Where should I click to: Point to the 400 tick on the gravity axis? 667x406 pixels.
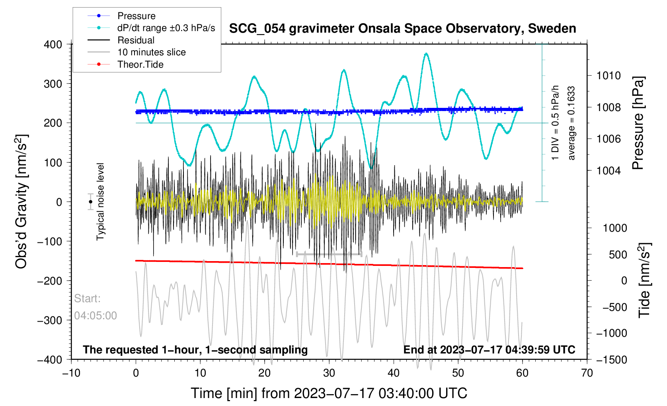click(53, 45)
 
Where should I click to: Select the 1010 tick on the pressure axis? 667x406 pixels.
click(608, 76)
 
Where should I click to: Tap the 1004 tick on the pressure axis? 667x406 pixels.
click(608, 171)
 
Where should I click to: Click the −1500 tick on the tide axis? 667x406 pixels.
click(612, 359)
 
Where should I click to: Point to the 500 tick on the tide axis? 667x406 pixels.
click(618, 254)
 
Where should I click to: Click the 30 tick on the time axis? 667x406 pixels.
click(329, 373)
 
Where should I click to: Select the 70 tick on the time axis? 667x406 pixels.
click(587, 373)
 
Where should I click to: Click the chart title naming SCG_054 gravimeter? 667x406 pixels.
click(402, 29)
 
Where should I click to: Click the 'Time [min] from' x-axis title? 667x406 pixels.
click(329, 393)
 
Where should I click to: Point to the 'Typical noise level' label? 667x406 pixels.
click(100, 201)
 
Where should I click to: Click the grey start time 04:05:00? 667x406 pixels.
click(96, 316)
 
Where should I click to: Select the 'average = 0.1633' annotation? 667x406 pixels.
click(571, 123)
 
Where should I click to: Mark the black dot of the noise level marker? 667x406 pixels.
click(91, 202)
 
